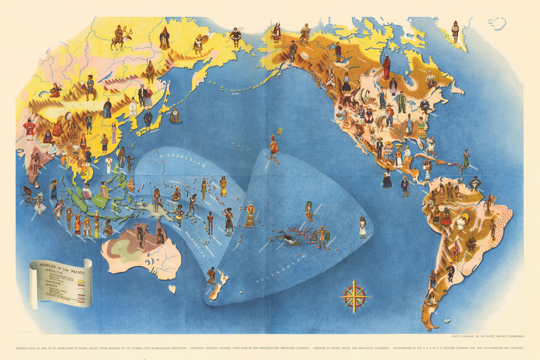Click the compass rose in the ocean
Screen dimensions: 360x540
pyautogui.click(x=355, y=297)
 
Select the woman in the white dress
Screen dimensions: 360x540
pyautogui.click(x=362, y=227)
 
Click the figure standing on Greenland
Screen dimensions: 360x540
pyautogui.click(x=455, y=31)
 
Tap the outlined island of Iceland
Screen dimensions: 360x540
pyautogui.click(x=497, y=23)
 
